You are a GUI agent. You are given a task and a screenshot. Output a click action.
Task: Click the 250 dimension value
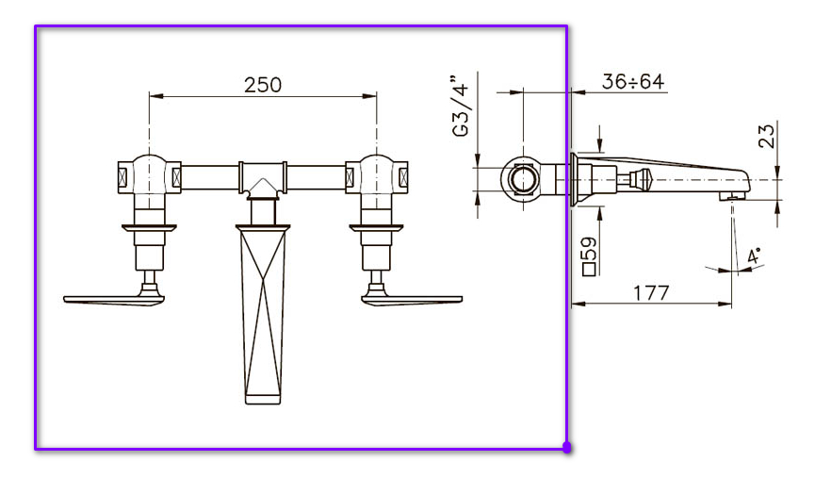263,84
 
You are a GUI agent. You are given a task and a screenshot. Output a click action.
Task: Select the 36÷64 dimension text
633,82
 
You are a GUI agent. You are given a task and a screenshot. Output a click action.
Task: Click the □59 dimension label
590,255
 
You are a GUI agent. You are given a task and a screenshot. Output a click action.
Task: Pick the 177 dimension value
651,292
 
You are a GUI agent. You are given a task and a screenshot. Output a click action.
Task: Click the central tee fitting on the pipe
263,176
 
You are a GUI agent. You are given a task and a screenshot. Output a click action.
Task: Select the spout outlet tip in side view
731,195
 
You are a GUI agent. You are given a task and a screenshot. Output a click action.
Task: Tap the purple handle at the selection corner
567,449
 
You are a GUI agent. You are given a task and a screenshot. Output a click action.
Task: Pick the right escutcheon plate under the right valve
376,226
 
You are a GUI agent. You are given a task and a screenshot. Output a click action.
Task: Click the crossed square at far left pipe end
122,176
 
